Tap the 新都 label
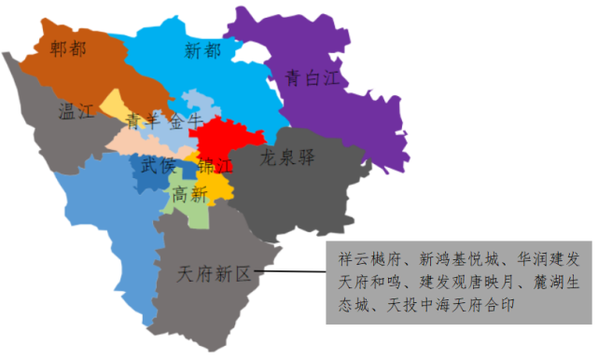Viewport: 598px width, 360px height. pyautogui.click(x=203, y=50)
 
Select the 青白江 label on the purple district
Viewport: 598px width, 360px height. pyautogui.click(x=312, y=78)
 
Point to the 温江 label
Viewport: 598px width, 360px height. pyautogui.click(x=76, y=113)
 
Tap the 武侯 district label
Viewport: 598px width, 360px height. pyautogui.click(x=158, y=166)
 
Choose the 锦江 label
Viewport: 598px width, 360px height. pyautogui.click(x=216, y=166)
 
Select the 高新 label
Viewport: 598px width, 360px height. pyautogui.click(x=189, y=194)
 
